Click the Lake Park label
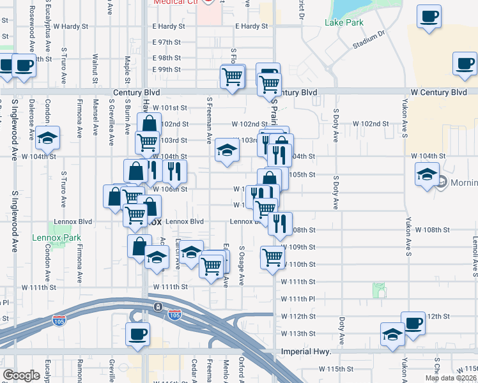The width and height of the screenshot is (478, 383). pos(344,23)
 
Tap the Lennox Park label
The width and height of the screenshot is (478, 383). pos(57,238)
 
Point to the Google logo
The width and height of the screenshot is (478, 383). pos(21,375)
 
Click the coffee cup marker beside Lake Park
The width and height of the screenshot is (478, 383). pos(429,17)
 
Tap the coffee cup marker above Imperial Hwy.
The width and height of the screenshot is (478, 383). pos(137,334)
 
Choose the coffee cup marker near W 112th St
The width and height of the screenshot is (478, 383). pos(413,322)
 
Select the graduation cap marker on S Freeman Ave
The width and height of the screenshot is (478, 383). pos(226,151)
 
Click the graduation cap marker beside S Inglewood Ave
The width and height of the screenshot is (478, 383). pos(47,138)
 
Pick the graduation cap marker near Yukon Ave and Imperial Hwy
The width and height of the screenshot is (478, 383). pos(392,334)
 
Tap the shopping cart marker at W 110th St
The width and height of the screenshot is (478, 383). pos(273,257)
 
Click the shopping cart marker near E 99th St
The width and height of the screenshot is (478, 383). pos(232,77)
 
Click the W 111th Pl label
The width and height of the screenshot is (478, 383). pos(299,299)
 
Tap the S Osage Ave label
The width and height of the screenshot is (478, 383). pos(242,267)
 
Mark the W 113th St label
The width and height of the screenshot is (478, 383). pos(299,334)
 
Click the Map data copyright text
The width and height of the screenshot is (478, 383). pos(451,378)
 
